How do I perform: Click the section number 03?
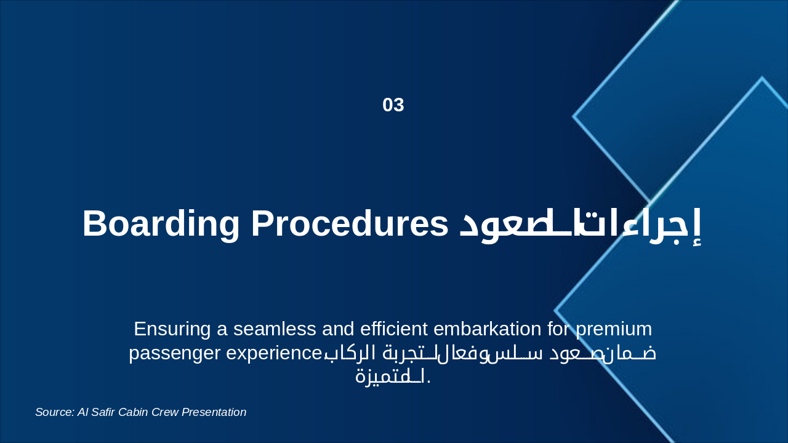click(393, 105)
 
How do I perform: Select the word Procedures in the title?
click(350, 223)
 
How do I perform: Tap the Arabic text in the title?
click(581, 225)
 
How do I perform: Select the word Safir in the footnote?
click(106, 412)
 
